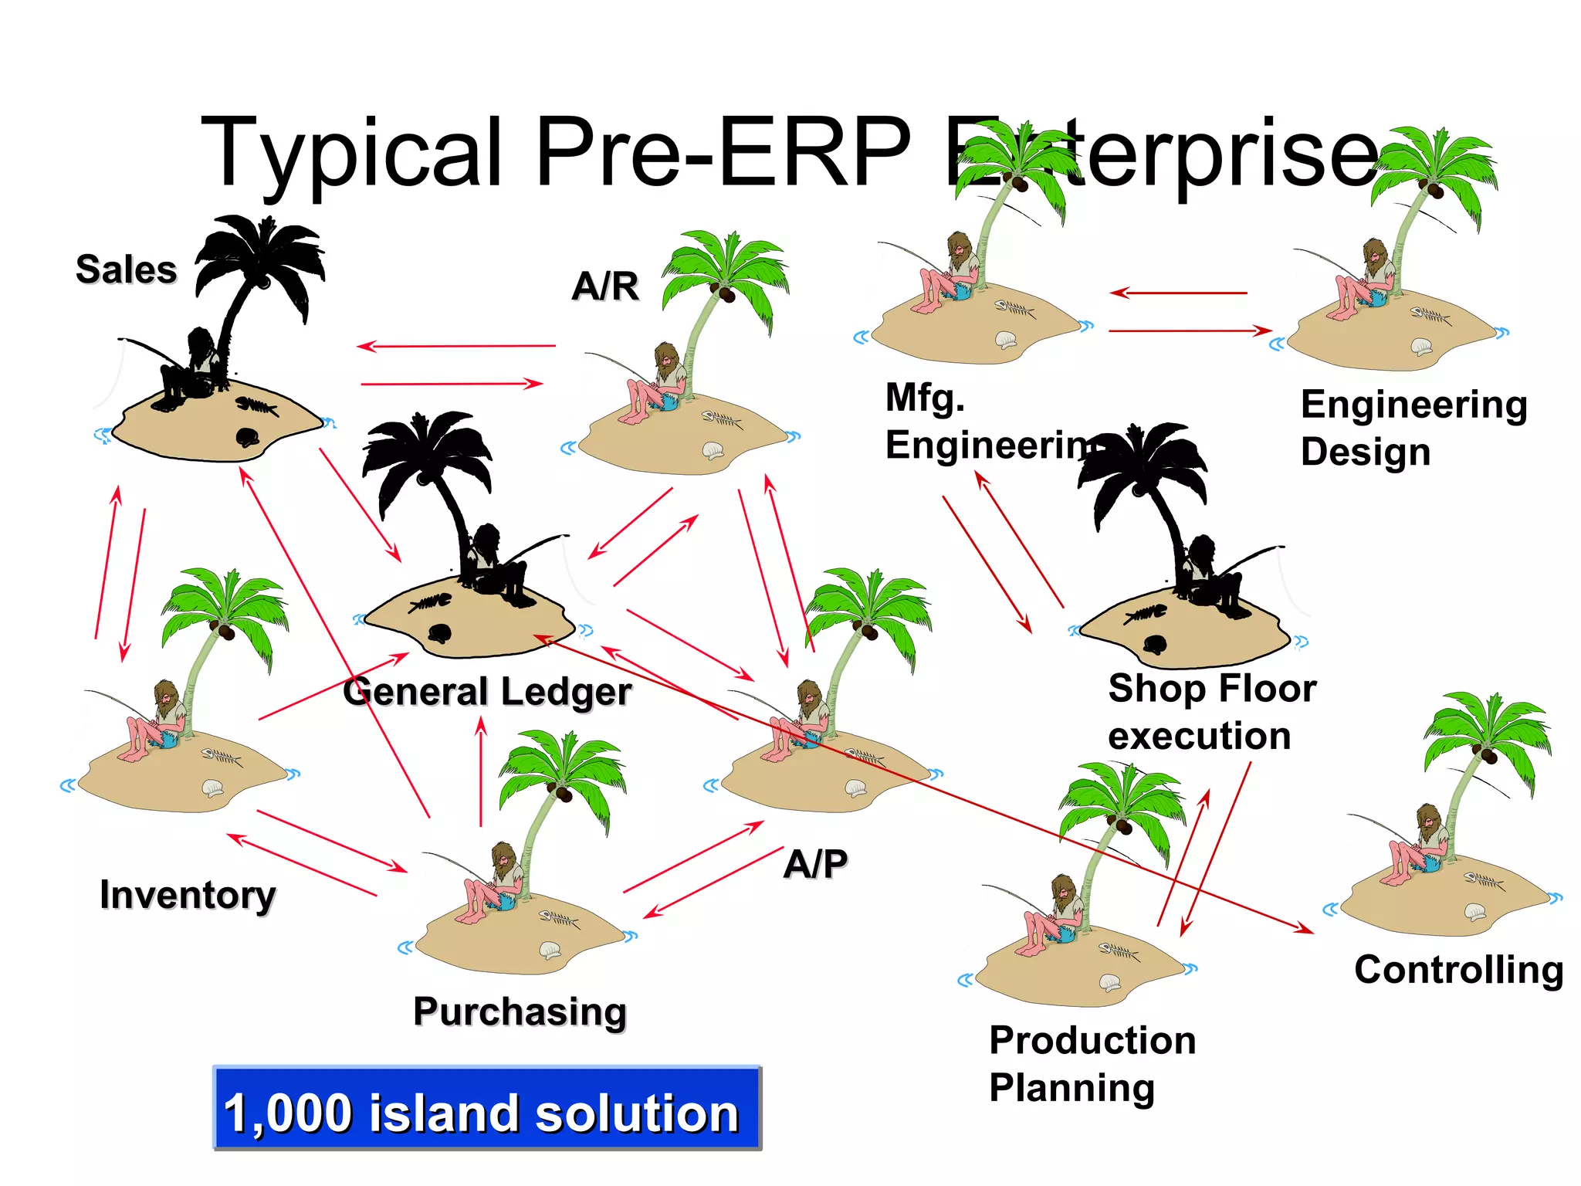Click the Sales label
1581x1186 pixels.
(126, 269)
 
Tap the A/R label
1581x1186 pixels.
(605, 286)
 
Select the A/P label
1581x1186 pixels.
(815, 863)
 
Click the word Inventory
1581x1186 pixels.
(188, 895)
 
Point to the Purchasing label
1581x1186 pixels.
(520, 1011)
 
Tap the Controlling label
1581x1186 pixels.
(1458, 970)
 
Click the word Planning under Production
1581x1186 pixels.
(1071, 1088)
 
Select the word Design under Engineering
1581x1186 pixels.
(1365, 452)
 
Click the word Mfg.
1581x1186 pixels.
(925, 398)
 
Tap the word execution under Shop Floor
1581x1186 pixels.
(1199, 736)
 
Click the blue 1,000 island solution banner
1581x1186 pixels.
(486, 1109)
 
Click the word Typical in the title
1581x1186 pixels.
(352, 152)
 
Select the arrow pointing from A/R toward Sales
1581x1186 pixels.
(455, 346)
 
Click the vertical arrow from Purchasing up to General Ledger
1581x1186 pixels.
(481, 772)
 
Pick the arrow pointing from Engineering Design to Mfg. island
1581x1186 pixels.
(1178, 293)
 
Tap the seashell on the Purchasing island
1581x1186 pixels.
(550, 950)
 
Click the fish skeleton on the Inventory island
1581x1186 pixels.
(222, 757)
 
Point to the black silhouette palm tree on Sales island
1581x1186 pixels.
(259, 270)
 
